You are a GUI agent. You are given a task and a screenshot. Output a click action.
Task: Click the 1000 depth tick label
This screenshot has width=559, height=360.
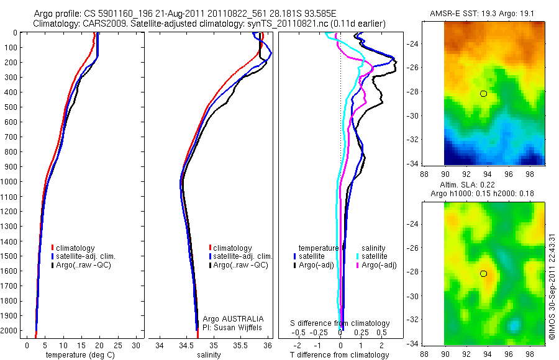pyautogui.click(x=9, y=181)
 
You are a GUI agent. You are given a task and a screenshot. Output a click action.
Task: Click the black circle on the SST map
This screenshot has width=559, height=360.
pyautogui.click(x=483, y=94)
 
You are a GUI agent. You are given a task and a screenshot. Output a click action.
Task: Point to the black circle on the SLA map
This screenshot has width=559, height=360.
pyautogui.click(x=483, y=274)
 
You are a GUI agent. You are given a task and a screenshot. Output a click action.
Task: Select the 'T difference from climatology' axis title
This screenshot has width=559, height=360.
pyautogui.click(x=340, y=355)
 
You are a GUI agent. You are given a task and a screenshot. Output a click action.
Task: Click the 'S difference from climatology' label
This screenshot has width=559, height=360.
pyautogui.click(x=340, y=323)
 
